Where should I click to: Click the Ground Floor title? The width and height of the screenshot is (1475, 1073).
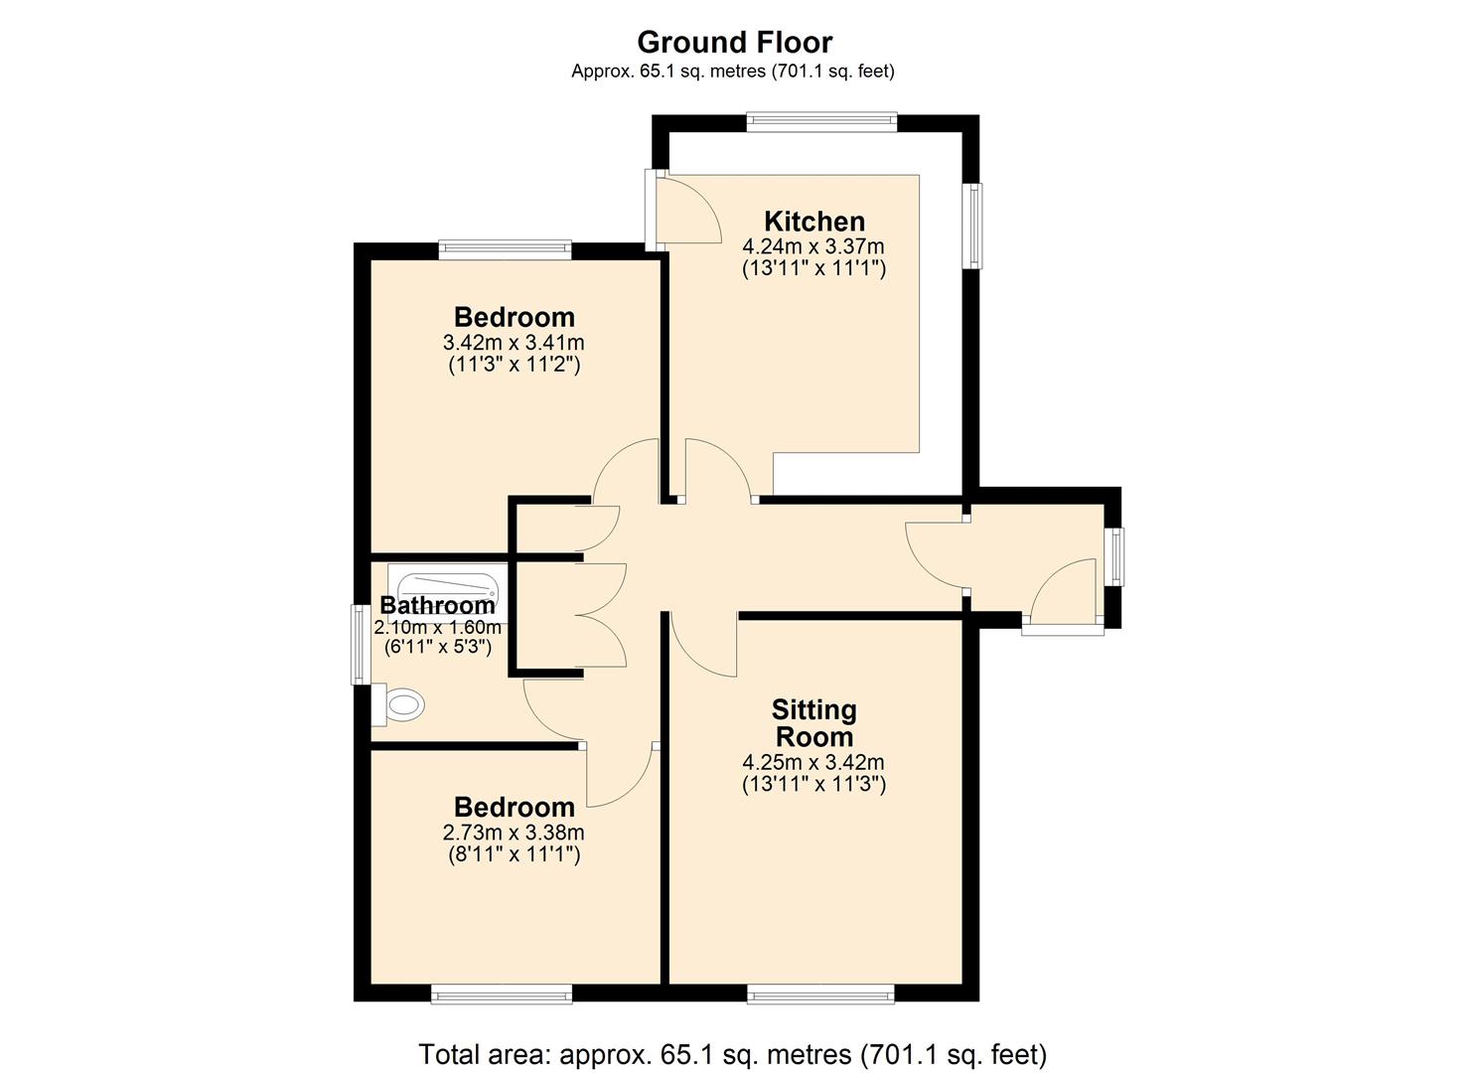pos(734,42)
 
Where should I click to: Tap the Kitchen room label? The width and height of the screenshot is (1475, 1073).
pos(813,221)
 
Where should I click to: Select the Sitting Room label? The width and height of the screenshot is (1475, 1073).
pos(813,723)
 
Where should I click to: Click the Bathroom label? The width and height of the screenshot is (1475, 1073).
pos(437,605)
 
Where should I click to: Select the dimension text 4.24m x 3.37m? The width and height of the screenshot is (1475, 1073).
pos(813,246)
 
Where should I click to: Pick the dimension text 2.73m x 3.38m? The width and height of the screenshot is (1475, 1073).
pos(514,833)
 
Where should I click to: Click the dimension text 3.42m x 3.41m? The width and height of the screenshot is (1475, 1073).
pos(514,343)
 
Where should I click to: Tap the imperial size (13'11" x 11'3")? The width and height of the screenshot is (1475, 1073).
pos(813,784)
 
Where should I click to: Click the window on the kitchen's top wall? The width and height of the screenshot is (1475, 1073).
pos(821,122)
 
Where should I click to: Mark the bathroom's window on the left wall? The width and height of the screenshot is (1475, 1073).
pos(359,645)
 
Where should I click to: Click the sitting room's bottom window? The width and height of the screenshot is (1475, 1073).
pos(820,993)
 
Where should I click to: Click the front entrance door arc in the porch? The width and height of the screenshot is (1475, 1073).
pos(1062,591)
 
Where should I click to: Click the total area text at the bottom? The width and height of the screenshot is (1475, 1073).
pos(732,1053)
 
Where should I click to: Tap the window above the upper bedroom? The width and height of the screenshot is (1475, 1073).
pos(505,248)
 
